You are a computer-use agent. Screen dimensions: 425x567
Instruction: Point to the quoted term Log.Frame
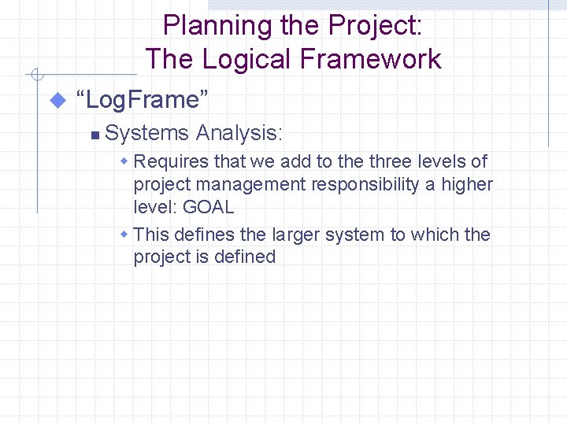point(143,100)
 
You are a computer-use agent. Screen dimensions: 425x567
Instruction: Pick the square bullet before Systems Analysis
point(94,135)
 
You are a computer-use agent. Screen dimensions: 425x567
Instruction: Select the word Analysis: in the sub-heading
point(239,133)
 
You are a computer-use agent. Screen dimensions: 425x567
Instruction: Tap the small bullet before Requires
point(124,161)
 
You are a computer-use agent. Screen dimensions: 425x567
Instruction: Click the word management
point(251,185)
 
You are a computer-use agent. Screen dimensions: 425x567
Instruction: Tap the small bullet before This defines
point(124,235)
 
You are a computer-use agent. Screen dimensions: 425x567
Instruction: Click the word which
point(435,235)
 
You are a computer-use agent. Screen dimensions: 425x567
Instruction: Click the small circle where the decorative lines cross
point(36,76)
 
